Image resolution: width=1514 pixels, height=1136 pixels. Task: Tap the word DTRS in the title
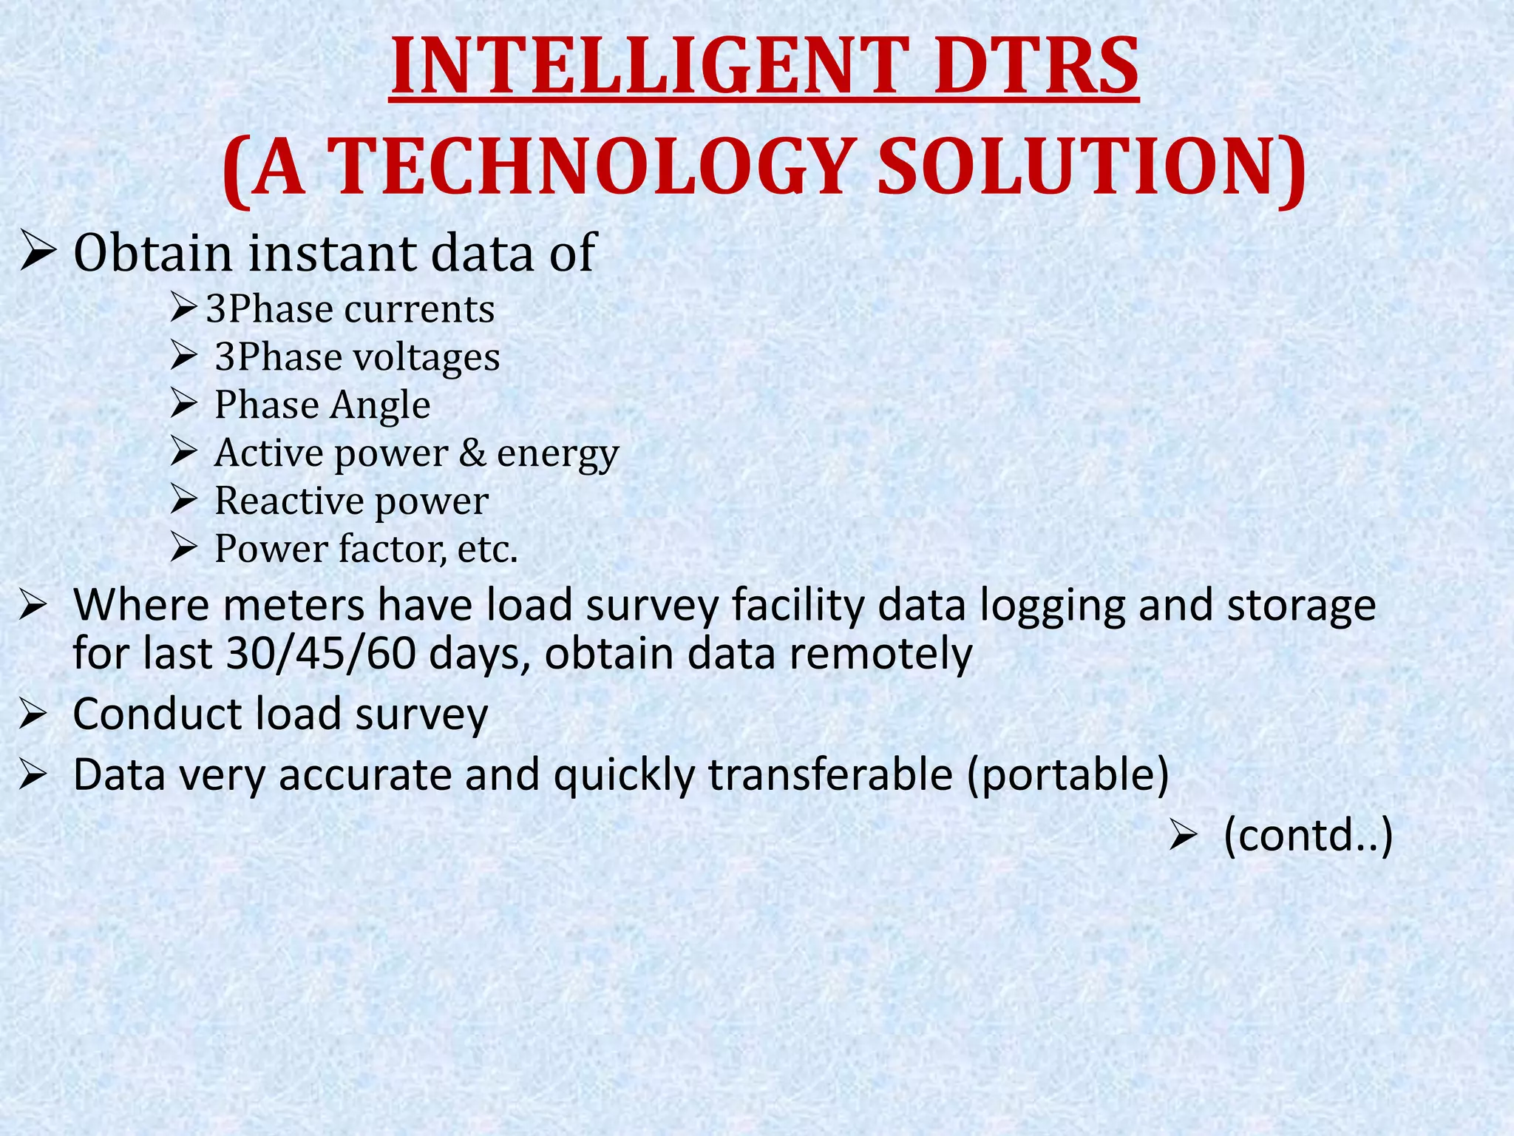(x=1035, y=67)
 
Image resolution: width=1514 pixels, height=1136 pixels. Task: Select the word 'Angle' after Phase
(x=380, y=405)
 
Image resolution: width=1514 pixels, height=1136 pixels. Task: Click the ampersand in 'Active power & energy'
(x=472, y=453)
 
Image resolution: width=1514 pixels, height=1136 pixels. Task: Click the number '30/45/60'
(x=321, y=654)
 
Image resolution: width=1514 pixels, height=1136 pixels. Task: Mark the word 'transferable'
(x=830, y=774)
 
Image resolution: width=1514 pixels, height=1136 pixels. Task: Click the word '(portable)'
(x=1067, y=774)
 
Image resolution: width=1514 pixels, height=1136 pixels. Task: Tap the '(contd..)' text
(x=1308, y=836)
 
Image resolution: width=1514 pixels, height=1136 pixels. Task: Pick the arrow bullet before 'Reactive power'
(x=183, y=501)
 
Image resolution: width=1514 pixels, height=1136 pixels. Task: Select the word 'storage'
(x=1301, y=605)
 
